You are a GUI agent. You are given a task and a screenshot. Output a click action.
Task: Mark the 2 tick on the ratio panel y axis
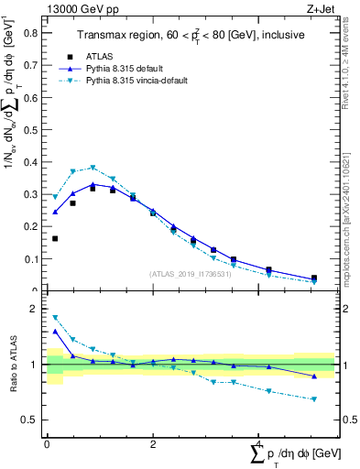click(35, 309)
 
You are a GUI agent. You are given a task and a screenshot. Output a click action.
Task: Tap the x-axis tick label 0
click(47, 444)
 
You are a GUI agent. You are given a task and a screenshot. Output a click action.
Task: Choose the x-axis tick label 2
click(153, 444)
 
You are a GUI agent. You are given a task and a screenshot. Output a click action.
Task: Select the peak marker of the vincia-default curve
click(93, 168)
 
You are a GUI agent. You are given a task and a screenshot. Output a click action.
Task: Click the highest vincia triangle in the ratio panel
click(55, 318)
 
